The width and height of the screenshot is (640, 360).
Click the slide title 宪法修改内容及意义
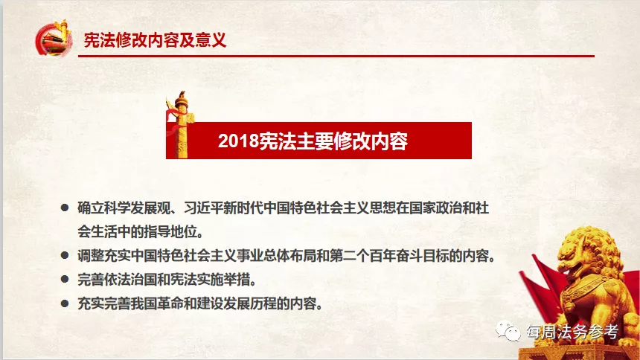(155, 40)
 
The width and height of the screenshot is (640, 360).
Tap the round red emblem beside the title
(53, 39)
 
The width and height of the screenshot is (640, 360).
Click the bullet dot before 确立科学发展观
(65, 208)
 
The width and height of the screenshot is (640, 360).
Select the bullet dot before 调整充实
(65, 256)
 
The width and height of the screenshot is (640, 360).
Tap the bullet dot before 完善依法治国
(65, 280)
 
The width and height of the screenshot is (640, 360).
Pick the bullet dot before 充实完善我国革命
(65, 303)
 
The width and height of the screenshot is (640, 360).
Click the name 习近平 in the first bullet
(204, 208)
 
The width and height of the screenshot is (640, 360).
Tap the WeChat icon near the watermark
(508, 330)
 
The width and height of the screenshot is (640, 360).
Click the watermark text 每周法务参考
(572, 332)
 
